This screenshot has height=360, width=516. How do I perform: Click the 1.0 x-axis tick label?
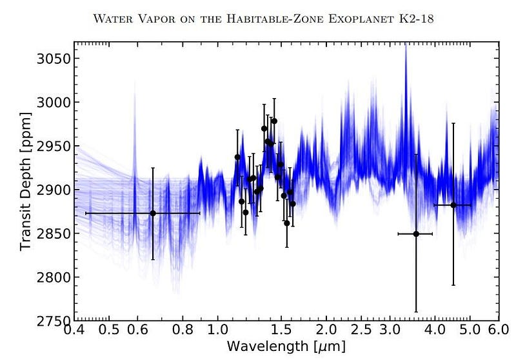tap(218, 330)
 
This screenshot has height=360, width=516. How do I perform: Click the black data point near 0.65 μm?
tap(153, 213)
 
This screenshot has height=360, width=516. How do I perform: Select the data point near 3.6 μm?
tap(416, 234)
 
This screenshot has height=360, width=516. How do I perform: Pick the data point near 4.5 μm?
tap(453, 205)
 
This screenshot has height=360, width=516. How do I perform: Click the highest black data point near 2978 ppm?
tap(274, 121)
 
